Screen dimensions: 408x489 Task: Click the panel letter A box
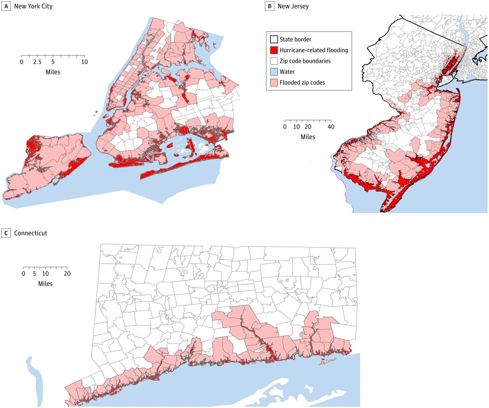pos(6,6)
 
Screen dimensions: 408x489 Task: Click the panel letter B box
pos(269,6)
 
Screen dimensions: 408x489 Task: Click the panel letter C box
pos(6,233)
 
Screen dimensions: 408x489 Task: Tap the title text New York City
pos(33,6)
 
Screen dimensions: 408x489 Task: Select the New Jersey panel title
pos(293,6)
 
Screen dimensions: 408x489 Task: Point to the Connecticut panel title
pos(31,233)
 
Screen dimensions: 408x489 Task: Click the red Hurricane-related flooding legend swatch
pos(274,50)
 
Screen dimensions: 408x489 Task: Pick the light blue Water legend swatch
pos(274,72)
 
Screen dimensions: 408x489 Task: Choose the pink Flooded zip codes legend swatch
pos(274,83)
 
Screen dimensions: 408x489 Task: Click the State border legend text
pos(295,39)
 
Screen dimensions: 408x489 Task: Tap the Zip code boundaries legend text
pos(305,61)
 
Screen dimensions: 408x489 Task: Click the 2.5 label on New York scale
pos(37,62)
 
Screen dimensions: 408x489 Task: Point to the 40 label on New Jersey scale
pos(331,127)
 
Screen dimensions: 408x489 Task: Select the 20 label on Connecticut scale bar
pos(67,274)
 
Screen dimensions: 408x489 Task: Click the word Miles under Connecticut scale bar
pos(45,284)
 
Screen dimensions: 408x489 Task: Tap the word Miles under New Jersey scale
pos(308,137)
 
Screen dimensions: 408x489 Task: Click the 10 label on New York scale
pos(84,62)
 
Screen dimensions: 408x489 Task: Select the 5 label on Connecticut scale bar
pos(34,274)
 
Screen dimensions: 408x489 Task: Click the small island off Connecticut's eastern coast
pos(328,361)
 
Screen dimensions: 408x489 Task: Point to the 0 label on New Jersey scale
pos(285,127)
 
